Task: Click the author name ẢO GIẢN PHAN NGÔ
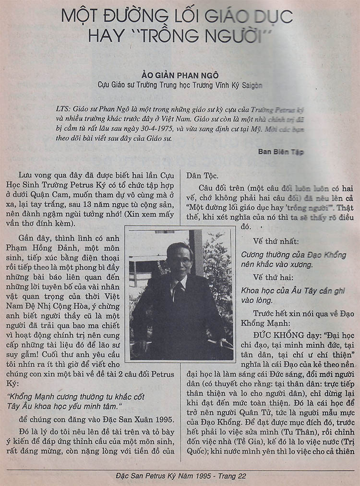[x=180, y=75]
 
